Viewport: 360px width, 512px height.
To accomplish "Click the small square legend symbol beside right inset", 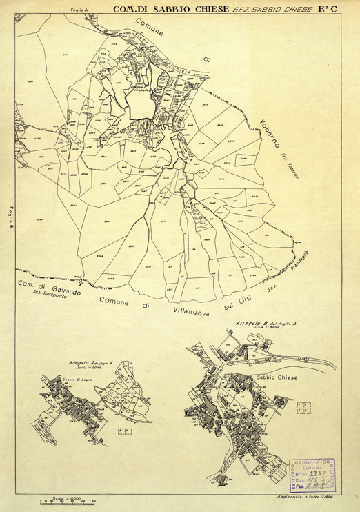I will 303,407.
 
